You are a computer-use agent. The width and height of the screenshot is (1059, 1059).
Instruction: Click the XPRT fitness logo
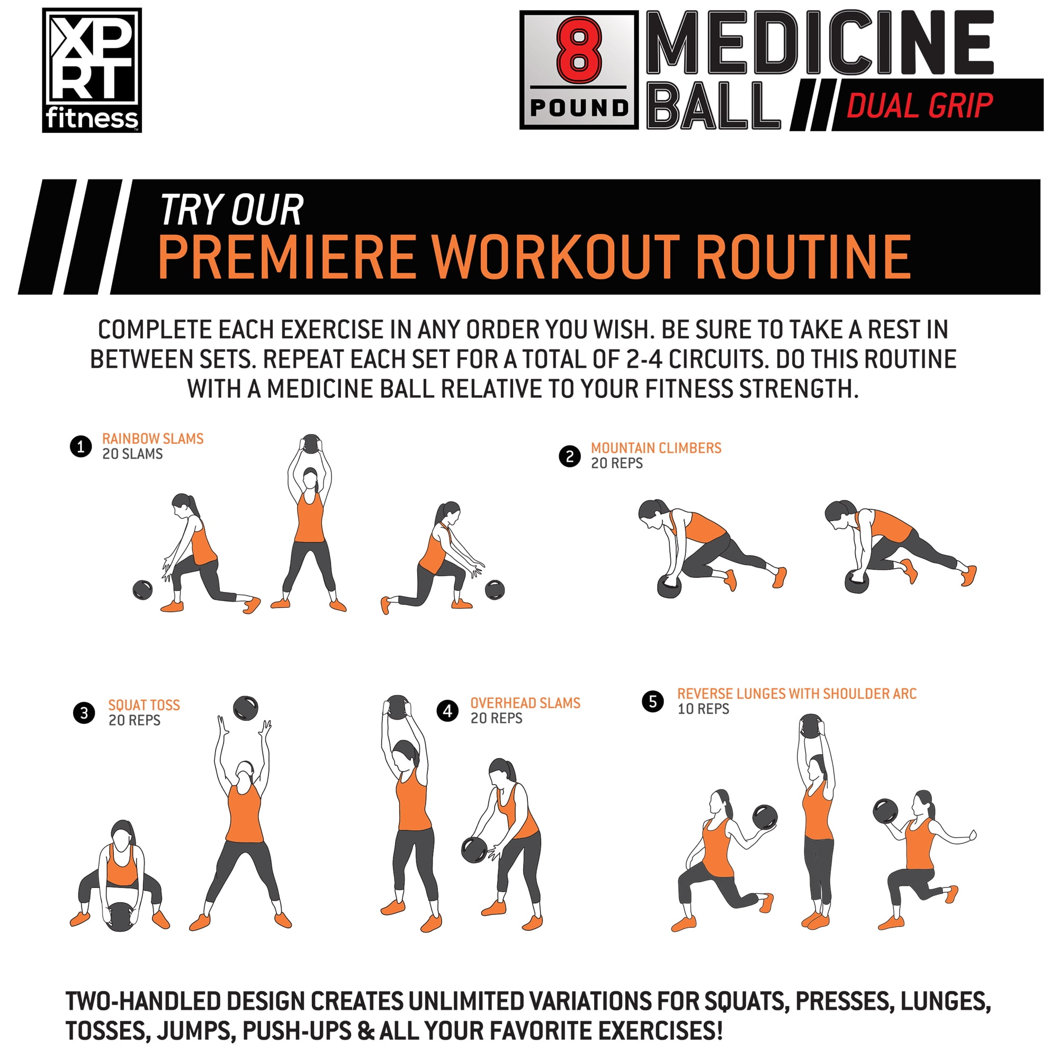pos(92,70)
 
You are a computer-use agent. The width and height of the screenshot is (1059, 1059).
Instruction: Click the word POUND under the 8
pos(579,107)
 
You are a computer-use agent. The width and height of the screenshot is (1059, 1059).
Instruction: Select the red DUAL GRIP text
pos(920,106)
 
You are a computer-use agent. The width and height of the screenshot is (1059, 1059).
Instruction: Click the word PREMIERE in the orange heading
pos(286,257)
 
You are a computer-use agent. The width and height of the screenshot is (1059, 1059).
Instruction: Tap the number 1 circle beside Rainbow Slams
pos(80,447)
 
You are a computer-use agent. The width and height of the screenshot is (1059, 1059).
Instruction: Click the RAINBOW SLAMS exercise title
pos(153,438)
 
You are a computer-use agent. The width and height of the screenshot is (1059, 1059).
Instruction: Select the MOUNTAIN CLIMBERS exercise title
pos(656,448)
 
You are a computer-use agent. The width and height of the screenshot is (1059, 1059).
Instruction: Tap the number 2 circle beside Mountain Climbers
pos(570,456)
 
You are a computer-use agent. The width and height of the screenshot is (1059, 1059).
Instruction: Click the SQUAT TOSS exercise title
pos(144,705)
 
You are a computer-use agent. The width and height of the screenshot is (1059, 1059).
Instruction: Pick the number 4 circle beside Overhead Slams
pos(448,711)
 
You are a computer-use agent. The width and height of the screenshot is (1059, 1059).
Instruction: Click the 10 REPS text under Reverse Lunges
pos(703,709)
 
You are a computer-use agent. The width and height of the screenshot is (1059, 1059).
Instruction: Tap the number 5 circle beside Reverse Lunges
pos(653,702)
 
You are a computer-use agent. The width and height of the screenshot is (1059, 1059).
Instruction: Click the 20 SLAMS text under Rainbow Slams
pos(133,454)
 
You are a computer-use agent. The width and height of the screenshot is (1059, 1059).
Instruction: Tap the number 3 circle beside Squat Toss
pos(84,713)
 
